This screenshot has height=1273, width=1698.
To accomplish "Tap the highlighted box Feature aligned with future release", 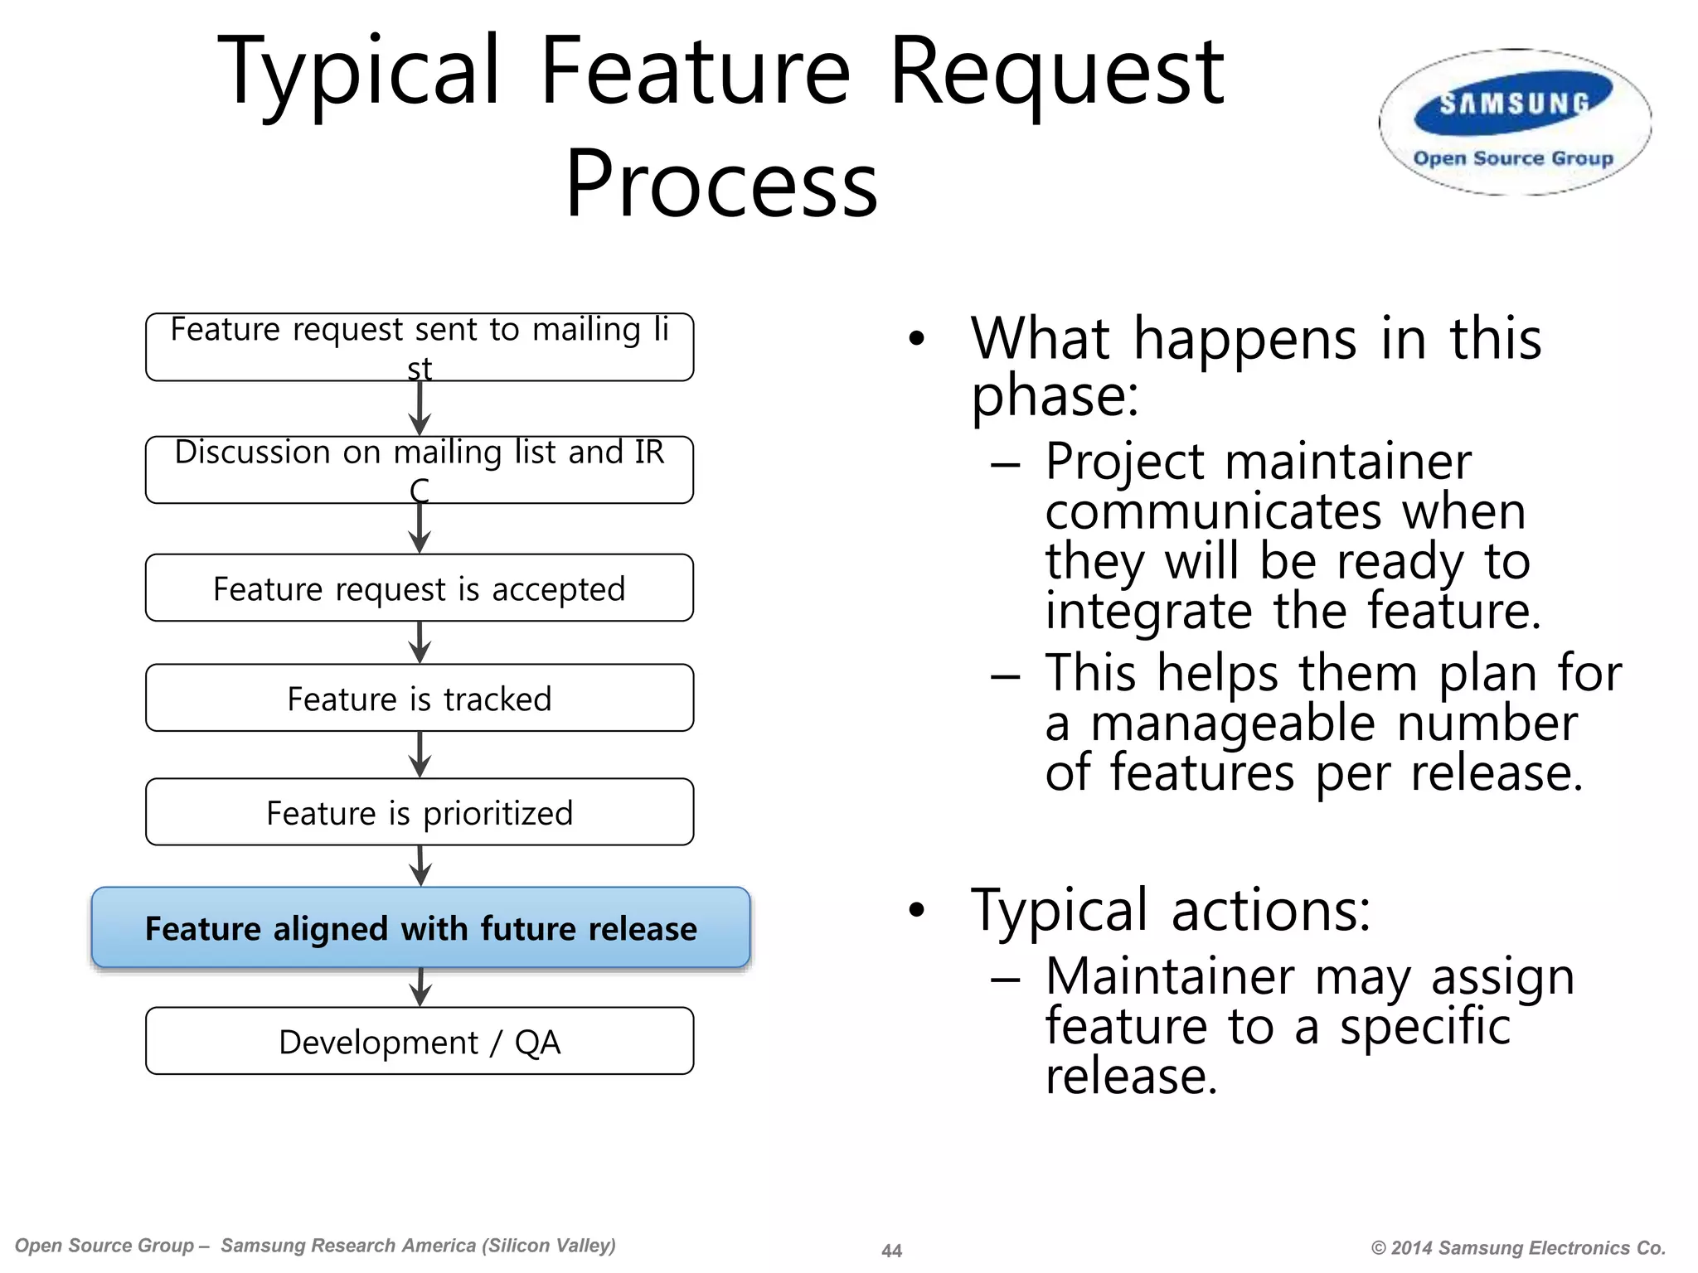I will (420, 927).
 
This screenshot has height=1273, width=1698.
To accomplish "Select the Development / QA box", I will (420, 1041).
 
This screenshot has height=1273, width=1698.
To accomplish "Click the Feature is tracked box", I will (420, 698).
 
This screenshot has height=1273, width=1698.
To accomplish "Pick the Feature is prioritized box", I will (420, 812).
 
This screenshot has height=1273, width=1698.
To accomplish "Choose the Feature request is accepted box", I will (420, 588).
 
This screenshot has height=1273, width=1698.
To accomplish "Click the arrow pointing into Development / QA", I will (421, 988).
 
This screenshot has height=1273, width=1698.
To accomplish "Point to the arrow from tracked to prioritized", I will (420, 755).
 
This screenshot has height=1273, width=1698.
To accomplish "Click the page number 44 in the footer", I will (891, 1251).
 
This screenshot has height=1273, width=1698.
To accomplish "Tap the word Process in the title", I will (720, 184).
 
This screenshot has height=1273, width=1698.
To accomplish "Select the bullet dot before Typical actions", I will (915, 910).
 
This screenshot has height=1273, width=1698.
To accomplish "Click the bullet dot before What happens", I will (915, 338).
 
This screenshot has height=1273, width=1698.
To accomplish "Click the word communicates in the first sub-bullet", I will (1213, 511).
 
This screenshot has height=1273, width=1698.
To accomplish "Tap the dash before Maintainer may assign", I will (1005, 979).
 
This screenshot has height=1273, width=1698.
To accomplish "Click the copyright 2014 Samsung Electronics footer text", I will (1518, 1248).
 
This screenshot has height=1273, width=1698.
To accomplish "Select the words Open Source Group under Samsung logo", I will (1513, 158).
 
